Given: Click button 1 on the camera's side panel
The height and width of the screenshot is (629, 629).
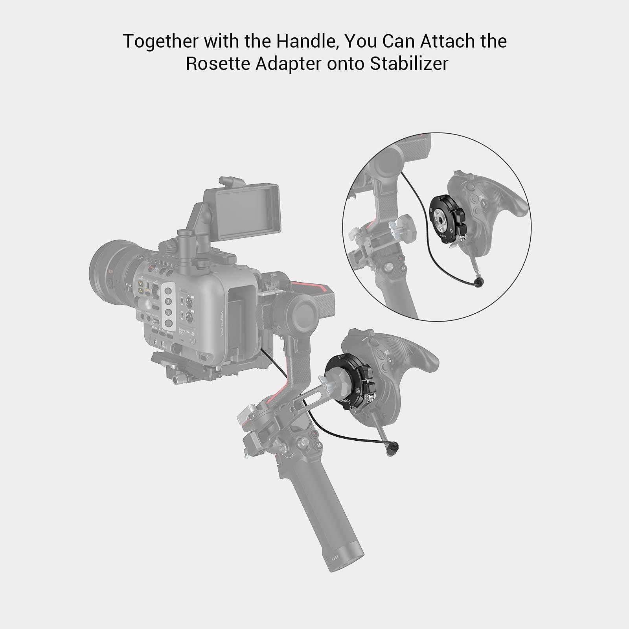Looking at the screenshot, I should tap(169, 291).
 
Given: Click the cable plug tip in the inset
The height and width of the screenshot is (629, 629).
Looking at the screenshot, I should tap(480, 281).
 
